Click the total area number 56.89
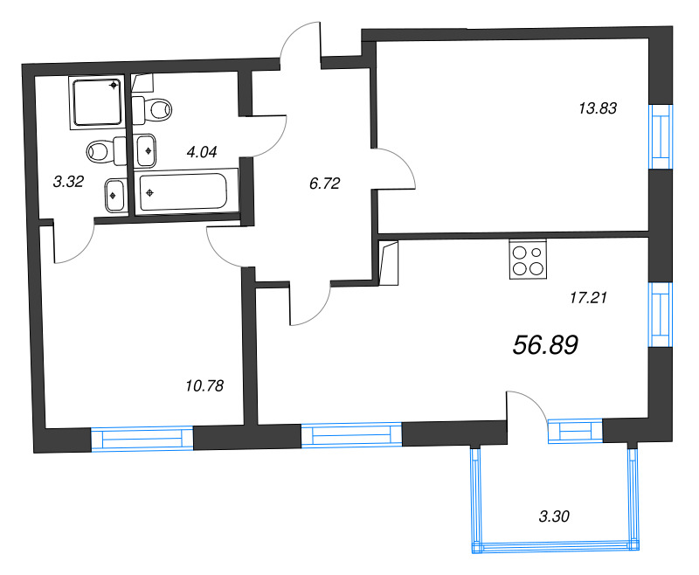pos(546,346)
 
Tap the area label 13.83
pos(598,109)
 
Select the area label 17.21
pos(587,297)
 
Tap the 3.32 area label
pos(68,182)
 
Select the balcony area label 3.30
pos(554,516)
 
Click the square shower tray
pos(96,102)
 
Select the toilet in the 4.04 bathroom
pos(154,109)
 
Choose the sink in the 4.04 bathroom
pos(148,149)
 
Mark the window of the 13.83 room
pos(661,135)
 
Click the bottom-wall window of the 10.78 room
pos(142,438)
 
